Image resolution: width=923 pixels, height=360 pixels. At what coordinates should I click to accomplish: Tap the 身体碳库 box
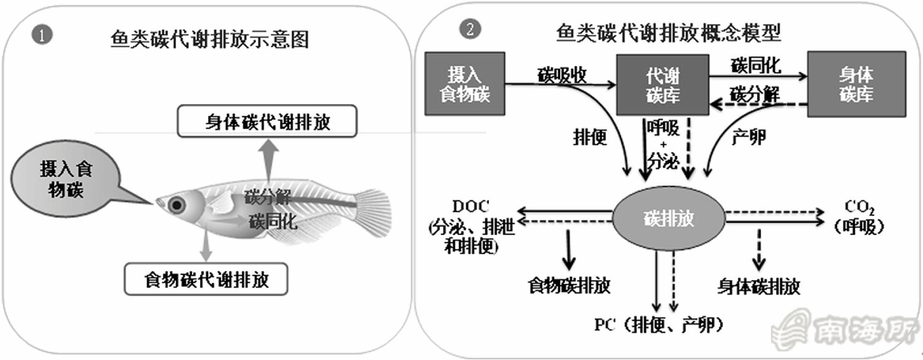tap(856, 84)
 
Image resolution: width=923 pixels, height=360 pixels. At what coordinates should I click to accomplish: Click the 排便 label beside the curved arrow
tap(589, 137)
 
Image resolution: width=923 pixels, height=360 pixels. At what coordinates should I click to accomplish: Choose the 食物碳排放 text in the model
tap(569, 286)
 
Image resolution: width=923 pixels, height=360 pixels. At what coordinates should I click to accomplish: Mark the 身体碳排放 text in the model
tap(759, 286)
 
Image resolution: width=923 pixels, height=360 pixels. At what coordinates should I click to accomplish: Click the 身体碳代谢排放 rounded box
tap(268, 122)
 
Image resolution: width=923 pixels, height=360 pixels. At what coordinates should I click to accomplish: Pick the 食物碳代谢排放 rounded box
tap(206, 279)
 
